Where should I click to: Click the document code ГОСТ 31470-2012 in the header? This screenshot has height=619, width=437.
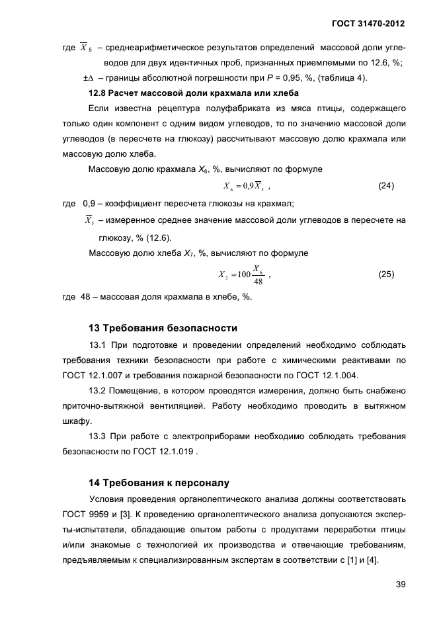(x=368, y=24)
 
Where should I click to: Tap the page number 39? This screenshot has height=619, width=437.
(x=399, y=583)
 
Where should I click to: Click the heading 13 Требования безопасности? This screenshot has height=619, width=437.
(x=163, y=328)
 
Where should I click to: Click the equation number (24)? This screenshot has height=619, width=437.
(x=386, y=186)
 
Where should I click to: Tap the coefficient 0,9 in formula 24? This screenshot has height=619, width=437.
(x=251, y=186)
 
